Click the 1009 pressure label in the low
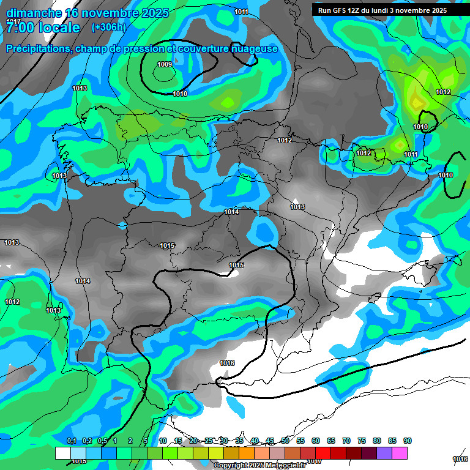click(x=164, y=64)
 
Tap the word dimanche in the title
click(x=34, y=13)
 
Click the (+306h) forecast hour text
click(x=108, y=27)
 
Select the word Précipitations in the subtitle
click(x=36, y=48)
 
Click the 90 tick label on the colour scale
click(x=407, y=441)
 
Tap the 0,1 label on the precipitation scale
click(x=72, y=441)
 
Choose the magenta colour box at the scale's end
click(x=400, y=453)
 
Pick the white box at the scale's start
click(x=62, y=453)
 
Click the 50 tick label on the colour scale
click(x=285, y=441)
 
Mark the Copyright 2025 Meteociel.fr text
click(x=259, y=465)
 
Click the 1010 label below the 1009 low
click(x=180, y=94)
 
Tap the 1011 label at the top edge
click(x=241, y=12)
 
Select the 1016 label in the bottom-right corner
click(x=460, y=459)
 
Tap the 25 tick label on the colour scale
click(x=209, y=441)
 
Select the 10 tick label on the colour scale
click(x=163, y=441)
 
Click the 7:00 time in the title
click(x=20, y=28)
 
